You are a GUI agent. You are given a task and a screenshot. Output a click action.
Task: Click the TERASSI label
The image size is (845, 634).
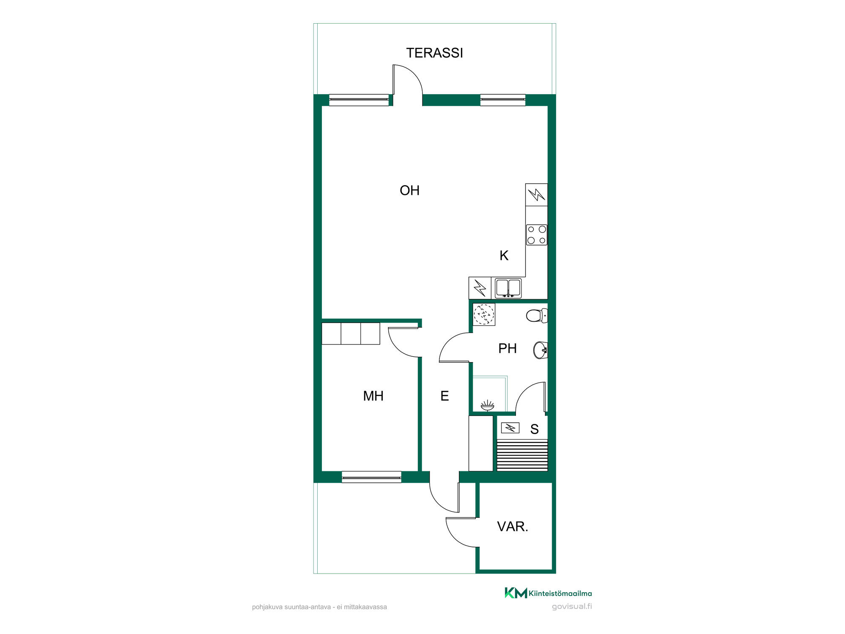434,53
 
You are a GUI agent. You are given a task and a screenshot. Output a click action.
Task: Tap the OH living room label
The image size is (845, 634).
409,191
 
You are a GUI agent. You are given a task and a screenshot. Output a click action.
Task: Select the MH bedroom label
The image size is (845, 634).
373,396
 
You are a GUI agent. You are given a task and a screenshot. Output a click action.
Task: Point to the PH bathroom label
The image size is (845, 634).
507,348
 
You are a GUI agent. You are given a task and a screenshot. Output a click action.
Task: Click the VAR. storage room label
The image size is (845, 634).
512,527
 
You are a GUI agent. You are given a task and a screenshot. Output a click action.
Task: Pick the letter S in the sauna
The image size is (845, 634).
534,429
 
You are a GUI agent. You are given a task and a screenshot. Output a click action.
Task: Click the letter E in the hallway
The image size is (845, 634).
444,396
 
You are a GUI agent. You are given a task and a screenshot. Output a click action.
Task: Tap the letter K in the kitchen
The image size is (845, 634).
504,256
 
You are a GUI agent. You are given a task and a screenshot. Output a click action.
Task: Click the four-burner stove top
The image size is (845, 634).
537,235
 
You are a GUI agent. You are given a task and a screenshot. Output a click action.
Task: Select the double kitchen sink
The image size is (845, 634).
508,288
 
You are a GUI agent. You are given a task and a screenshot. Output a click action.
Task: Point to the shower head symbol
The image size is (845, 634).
487,406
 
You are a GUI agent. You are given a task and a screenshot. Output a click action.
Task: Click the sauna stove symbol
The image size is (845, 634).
510,428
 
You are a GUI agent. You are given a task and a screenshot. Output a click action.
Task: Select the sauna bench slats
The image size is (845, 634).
522,456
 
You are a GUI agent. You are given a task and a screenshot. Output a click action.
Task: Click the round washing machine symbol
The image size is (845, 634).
484,314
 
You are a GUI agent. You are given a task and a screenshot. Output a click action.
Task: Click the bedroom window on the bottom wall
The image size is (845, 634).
371,477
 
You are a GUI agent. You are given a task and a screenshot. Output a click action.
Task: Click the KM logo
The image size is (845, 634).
516,593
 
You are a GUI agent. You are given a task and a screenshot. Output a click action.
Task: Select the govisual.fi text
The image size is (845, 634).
572,607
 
